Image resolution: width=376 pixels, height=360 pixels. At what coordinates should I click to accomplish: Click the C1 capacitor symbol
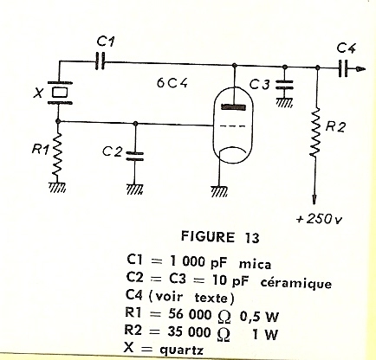(100, 61)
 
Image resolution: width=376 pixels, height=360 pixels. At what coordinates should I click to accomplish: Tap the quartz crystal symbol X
(60, 93)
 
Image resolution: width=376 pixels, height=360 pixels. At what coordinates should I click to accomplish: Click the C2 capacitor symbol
(134, 156)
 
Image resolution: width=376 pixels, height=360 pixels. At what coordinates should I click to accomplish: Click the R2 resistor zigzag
(316, 132)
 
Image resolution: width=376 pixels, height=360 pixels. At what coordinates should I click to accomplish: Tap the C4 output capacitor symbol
(343, 68)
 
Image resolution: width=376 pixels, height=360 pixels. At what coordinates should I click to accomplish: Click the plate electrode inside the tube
(234, 107)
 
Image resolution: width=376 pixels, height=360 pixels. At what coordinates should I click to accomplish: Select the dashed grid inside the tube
(233, 126)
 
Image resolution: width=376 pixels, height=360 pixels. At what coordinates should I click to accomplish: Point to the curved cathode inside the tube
(233, 149)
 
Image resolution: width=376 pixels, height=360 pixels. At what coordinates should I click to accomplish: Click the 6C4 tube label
(172, 83)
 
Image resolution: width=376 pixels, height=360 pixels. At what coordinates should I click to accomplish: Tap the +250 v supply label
(319, 219)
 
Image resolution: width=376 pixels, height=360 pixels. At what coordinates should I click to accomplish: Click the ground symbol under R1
(57, 187)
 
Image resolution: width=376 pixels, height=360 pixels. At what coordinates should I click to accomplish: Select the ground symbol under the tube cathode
(219, 191)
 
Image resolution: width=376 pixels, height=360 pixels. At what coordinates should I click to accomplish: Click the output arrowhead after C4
(360, 68)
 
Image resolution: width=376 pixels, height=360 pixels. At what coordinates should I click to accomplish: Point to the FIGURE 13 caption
(220, 237)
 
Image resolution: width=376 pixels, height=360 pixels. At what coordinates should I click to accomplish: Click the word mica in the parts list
(255, 264)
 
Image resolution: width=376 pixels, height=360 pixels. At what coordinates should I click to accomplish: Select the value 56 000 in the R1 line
(190, 314)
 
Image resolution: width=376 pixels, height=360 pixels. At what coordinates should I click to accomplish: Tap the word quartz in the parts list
(181, 350)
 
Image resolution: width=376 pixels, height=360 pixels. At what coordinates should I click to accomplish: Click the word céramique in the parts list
(296, 283)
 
